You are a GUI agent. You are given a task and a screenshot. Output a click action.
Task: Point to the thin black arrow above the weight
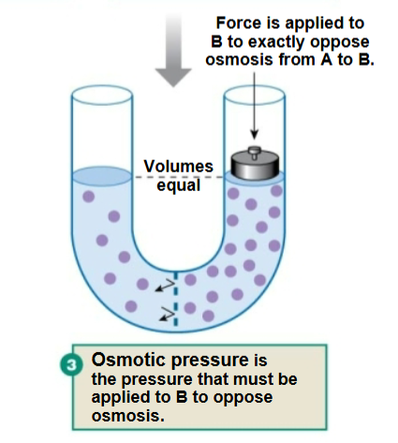[251, 112]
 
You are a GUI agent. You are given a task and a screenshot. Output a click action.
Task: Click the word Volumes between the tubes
[171, 168]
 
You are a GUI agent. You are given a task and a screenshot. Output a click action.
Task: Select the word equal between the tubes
[171, 185]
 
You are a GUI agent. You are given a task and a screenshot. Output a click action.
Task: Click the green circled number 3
[75, 362]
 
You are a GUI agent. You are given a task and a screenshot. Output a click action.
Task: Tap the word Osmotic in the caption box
[125, 361]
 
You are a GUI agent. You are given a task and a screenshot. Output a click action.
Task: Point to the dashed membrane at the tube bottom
[175, 298]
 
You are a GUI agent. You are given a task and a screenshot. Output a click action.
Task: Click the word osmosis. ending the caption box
[122, 413]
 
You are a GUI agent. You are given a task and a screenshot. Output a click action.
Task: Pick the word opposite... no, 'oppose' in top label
[328, 42]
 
